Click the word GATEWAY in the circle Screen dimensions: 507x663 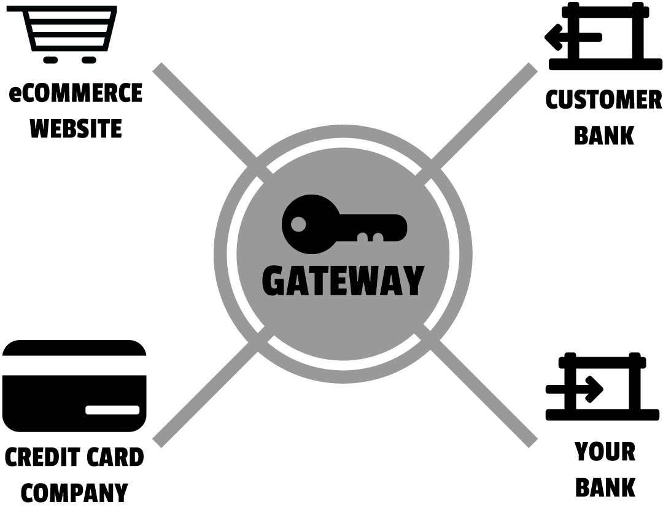point(343,281)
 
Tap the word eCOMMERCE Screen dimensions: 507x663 point(76,93)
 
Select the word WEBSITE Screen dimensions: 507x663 point(76,129)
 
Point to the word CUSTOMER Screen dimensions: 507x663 point(603,100)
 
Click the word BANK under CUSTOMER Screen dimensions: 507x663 point(603,136)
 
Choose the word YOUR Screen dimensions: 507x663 point(605,452)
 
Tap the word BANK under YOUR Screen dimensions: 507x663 point(605,487)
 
